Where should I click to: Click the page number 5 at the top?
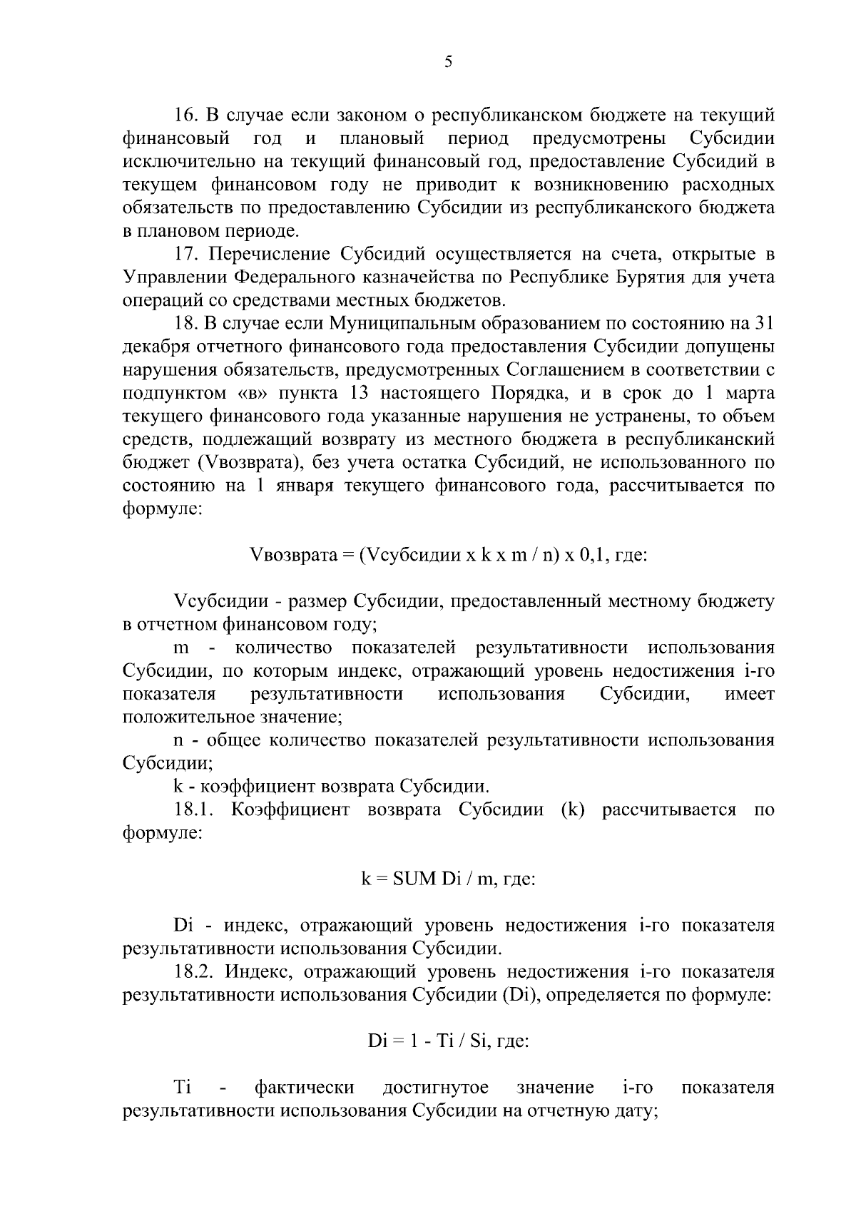[448, 62]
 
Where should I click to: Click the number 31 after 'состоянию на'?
[763, 324]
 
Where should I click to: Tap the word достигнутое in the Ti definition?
[436, 1088]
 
